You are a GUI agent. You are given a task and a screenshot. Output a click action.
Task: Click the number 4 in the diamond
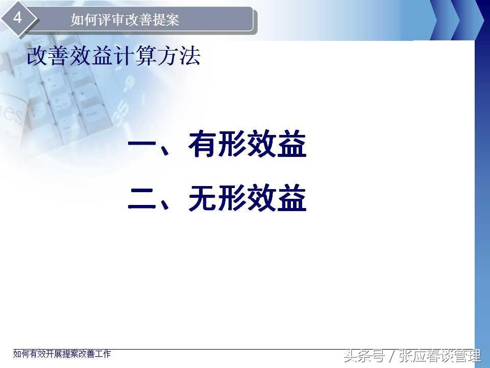(x=17, y=17)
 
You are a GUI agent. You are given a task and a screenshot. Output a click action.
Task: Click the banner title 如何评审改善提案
(x=125, y=20)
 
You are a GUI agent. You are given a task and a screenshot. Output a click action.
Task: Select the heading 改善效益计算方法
(x=113, y=56)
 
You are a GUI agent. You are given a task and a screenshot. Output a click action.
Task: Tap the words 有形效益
(x=247, y=144)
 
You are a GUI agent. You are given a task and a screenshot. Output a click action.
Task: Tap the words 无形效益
(x=247, y=198)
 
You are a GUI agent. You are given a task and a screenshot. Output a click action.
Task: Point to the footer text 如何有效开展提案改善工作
(x=62, y=354)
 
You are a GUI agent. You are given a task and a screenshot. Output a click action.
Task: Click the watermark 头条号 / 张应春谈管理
(x=412, y=356)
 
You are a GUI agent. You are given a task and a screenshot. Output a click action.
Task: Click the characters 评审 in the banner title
(x=111, y=20)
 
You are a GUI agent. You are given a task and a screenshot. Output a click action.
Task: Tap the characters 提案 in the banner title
(x=165, y=20)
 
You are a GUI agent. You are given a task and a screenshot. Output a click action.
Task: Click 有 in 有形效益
(x=203, y=144)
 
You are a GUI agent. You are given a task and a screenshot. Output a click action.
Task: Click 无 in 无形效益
(x=203, y=198)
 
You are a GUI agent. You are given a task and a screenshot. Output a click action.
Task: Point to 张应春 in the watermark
(x=419, y=356)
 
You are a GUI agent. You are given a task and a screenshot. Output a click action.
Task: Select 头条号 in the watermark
(x=364, y=356)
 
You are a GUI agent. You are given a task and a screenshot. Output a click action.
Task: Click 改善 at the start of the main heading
(x=47, y=56)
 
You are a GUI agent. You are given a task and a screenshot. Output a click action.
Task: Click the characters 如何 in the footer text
(x=21, y=354)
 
